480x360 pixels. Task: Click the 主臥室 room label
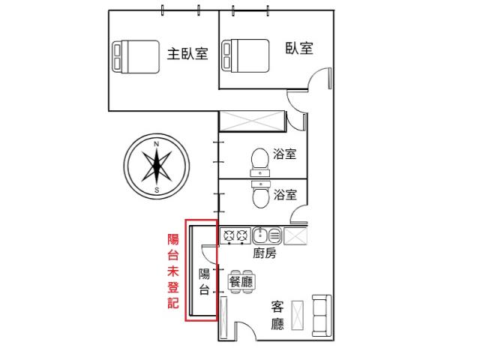(x=187, y=54)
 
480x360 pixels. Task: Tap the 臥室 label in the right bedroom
(x=299, y=48)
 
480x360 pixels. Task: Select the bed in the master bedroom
(x=136, y=57)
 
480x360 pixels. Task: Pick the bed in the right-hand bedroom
(x=245, y=56)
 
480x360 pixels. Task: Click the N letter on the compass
(x=157, y=144)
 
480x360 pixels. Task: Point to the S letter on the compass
(x=157, y=190)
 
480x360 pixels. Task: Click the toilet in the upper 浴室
(x=260, y=163)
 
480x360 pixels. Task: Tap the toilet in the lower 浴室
(x=261, y=194)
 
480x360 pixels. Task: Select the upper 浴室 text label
(x=285, y=154)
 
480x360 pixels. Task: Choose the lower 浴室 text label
(x=285, y=195)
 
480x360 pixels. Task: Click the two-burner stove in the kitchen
(x=235, y=235)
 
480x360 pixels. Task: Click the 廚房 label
(x=265, y=253)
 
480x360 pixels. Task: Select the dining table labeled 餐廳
(x=241, y=282)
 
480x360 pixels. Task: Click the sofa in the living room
(x=322, y=316)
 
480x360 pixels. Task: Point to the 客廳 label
(x=277, y=315)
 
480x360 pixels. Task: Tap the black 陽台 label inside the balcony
(x=204, y=282)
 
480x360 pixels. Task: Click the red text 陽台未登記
(x=173, y=271)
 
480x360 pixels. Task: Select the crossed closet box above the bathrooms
(x=252, y=121)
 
